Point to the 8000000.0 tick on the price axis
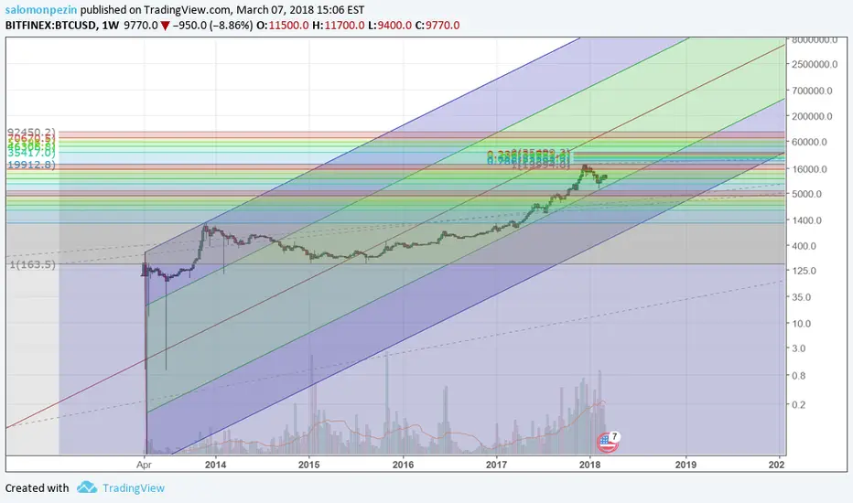[x=815, y=39]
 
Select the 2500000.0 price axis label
[x=815, y=65]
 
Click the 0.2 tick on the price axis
[x=799, y=404]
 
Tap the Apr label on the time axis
[x=144, y=465]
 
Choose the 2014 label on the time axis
[x=215, y=465]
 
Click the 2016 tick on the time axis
[x=403, y=465]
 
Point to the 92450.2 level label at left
[x=31, y=132]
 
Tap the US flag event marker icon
[x=606, y=442]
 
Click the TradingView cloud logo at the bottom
[x=87, y=487]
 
